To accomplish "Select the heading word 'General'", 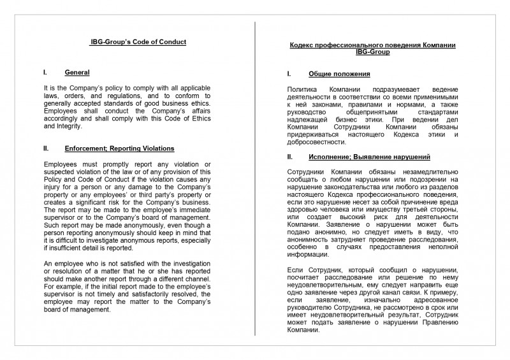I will (x=76, y=73).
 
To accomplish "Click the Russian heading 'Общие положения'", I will (x=335, y=74).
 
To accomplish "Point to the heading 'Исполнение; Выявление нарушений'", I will (x=369, y=157).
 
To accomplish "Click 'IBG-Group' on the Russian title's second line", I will (x=372, y=52).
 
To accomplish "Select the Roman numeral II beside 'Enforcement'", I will (x=46, y=148).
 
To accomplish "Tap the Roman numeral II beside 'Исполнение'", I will (x=290, y=157).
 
